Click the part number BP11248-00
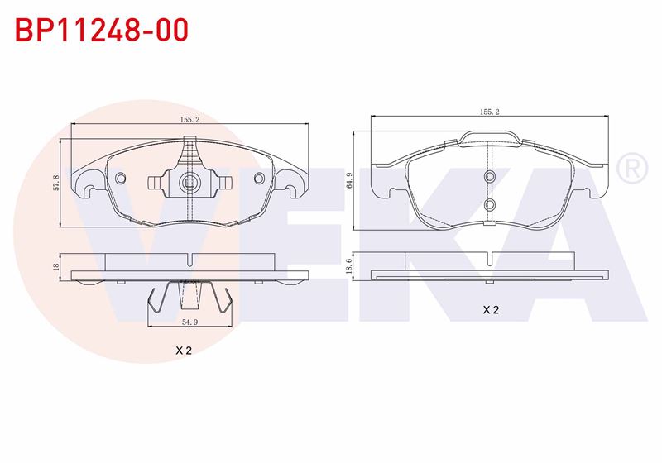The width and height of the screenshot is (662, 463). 101,30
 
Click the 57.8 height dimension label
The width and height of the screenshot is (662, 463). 55,183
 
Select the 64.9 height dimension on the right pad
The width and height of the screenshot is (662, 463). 348,180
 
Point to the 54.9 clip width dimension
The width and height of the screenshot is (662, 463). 189,322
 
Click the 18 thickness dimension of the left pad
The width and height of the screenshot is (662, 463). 55,266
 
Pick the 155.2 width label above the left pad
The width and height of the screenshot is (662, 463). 189,119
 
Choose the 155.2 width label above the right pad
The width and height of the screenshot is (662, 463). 489,112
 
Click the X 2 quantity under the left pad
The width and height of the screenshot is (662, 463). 183,350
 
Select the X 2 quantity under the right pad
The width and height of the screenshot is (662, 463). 491,309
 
